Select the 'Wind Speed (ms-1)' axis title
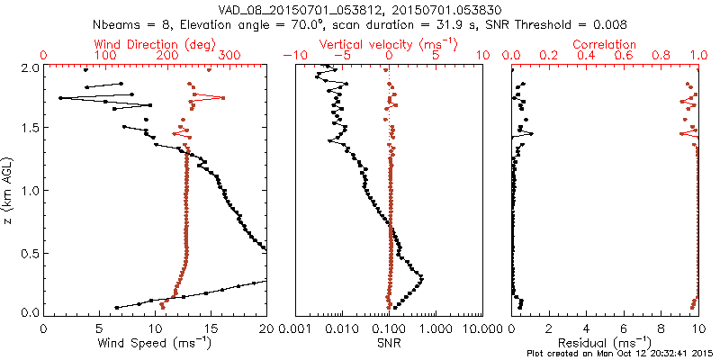[156, 342]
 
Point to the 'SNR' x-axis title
[389, 342]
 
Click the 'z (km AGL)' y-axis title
[9, 190]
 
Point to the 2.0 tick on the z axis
[30, 67]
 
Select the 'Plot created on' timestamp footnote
[622, 352]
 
